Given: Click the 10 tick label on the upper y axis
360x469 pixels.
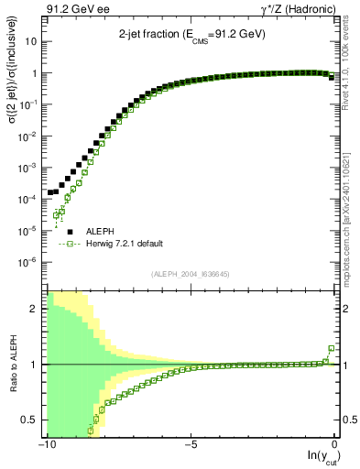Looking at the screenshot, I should pos(31,42).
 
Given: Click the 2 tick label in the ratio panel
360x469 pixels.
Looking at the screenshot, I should pos(37,309).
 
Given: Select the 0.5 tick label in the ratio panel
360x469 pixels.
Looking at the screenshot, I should pos(32,420).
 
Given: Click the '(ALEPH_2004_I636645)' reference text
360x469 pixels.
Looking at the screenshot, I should pos(190,274).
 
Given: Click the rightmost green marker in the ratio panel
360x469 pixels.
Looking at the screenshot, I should pos(332,348).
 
